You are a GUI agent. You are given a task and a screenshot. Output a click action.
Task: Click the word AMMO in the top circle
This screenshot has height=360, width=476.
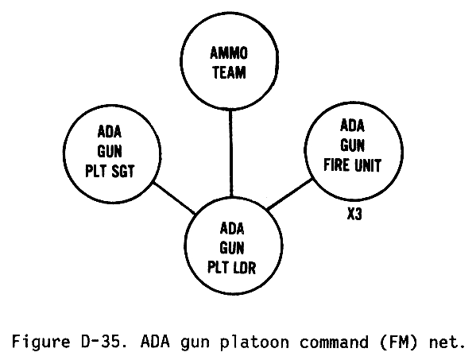click(229, 53)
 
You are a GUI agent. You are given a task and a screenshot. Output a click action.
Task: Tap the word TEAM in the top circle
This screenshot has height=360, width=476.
click(229, 72)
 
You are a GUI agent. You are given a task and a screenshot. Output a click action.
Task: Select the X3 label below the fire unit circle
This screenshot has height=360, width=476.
click(354, 214)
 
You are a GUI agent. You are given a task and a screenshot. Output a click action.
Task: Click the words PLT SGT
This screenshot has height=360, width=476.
click(110, 171)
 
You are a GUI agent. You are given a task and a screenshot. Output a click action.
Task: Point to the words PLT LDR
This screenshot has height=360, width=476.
click(231, 268)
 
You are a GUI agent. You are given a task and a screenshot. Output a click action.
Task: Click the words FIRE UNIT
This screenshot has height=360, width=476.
click(353, 165)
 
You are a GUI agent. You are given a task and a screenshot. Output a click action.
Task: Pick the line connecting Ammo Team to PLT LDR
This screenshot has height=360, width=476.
click(231, 153)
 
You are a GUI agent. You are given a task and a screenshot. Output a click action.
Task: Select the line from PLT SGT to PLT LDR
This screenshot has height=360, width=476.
click(174, 198)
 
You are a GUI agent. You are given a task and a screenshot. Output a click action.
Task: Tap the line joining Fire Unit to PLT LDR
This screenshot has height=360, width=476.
click(289, 194)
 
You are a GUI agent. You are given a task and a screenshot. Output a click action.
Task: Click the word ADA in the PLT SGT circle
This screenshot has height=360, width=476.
click(110, 132)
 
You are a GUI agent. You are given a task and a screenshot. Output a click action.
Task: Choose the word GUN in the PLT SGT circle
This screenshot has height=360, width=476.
click(110, 151)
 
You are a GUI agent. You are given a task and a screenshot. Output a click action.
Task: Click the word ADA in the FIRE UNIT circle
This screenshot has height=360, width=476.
click(352, 126)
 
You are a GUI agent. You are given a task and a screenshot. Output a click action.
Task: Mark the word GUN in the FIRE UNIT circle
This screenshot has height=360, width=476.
click(352, 145)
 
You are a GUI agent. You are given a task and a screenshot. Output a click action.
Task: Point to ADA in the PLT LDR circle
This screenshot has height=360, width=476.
click(232, 228)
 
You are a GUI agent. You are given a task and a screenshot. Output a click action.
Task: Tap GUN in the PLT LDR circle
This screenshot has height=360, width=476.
click(232, 248)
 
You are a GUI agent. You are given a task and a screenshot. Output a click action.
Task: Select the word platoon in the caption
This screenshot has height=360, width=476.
click(254, 343)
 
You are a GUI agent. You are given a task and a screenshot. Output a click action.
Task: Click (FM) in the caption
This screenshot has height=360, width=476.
click(399, 342)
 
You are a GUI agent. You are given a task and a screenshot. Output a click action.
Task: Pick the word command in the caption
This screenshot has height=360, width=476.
click(334, 342)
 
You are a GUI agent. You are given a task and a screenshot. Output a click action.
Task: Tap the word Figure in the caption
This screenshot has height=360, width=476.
click(41, 343)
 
